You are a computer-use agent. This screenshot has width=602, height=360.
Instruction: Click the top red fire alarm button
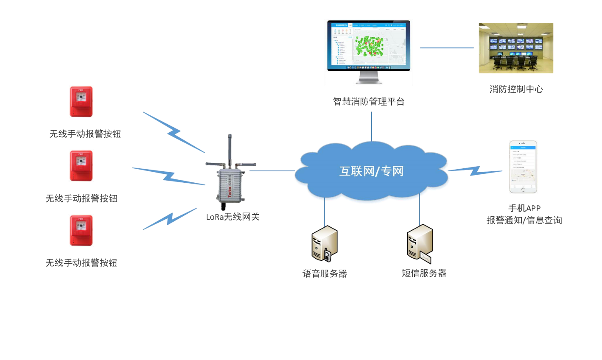point(81,102)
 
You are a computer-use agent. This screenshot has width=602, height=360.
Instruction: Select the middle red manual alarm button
point(81,166)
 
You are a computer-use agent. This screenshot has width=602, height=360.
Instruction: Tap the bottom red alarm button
point(81,230)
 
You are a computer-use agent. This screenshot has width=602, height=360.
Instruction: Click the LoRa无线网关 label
point(232,217)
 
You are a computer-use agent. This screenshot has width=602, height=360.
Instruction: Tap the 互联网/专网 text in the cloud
point(371,171)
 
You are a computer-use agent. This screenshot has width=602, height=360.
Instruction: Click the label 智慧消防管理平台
point(368,101)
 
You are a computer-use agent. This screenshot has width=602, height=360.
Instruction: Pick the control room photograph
point(516,48)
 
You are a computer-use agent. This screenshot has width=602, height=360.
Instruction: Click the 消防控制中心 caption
point(516,89)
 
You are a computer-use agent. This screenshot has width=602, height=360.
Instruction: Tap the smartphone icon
point(523,167)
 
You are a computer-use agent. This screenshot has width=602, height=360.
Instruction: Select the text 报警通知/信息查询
point(524,220)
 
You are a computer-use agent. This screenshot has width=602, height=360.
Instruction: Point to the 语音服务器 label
point(325,273)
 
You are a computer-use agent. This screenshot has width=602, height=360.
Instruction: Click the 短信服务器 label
point(424,273)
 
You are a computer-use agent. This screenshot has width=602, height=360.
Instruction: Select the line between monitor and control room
point(446,48)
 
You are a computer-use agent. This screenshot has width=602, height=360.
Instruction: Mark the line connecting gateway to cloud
point(272,171)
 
